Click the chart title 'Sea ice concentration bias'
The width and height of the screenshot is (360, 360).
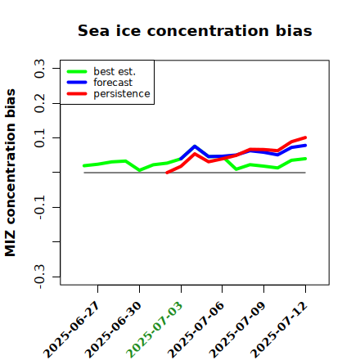195,30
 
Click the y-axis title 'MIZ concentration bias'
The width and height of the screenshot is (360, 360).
11,173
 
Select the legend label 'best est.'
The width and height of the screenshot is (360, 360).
115,71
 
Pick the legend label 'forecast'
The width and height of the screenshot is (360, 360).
113,83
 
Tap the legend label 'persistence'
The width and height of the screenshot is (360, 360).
122,94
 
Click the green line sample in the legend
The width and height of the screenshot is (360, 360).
77,71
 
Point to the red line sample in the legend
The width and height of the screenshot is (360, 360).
77,94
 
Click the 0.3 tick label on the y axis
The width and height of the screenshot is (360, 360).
39,69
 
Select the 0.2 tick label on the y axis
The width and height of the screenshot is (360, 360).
39,103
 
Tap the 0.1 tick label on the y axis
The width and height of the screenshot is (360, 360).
39,138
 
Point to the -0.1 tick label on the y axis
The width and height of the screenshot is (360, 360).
39,208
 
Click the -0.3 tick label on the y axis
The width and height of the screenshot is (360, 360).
39,277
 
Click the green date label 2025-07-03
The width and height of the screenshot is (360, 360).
155,330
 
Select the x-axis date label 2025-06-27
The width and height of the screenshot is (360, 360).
71,330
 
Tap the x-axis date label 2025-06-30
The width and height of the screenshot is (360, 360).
113,330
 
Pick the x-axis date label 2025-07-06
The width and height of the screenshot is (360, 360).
196,330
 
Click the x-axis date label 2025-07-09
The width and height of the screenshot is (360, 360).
237,330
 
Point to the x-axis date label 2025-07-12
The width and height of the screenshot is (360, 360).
279,330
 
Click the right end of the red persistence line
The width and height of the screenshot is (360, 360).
305,137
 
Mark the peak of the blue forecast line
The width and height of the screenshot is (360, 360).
195,146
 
